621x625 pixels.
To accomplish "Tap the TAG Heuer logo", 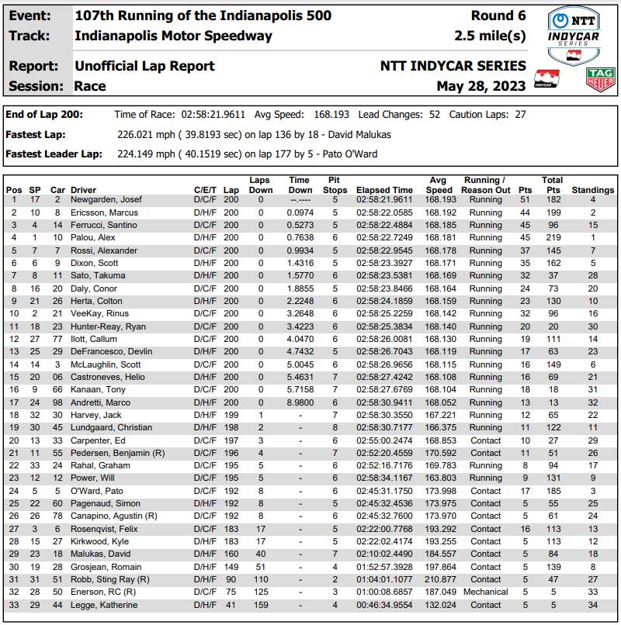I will coord(600,78).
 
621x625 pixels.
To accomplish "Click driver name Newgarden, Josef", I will coord(103,200).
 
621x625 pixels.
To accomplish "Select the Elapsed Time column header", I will coord(384,190).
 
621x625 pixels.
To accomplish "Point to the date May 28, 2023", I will coord(481,86).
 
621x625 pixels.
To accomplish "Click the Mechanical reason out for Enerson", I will coord(485,592).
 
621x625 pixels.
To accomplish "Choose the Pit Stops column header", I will coord(335,185).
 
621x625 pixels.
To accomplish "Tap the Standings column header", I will coord(592,190).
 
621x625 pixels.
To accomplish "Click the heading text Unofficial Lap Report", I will coord(144,66).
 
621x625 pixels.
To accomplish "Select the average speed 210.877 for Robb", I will coord(439,579).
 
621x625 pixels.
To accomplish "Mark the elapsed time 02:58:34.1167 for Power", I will coord(384,478).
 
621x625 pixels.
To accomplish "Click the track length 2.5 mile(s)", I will coord(490,36).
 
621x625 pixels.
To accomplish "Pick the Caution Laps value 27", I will coord(520,115).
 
